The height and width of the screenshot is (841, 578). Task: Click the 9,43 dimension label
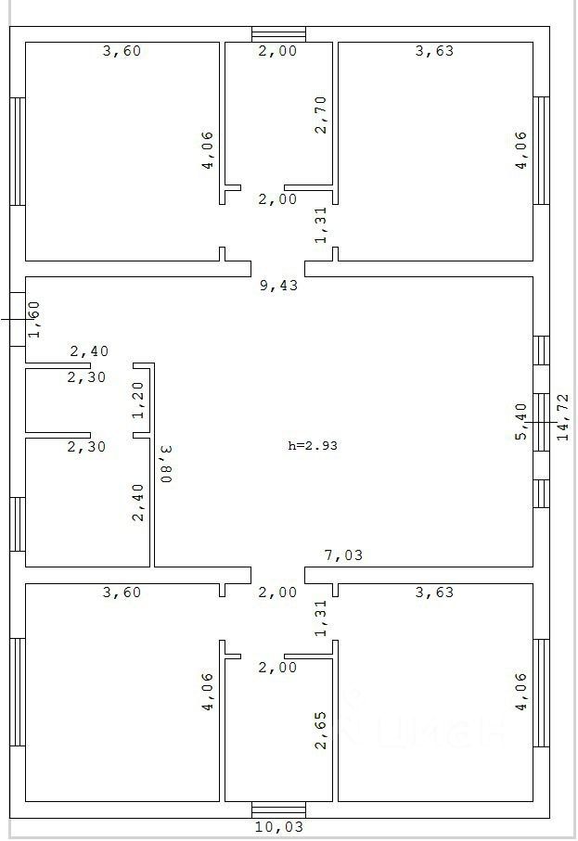click(278, 286)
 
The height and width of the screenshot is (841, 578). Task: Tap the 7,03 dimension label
click(343, 555)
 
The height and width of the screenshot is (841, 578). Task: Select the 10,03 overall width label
click(278, 826)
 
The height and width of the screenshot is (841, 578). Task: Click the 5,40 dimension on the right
click(521, 421)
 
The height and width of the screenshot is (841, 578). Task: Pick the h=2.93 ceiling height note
click(312, 445)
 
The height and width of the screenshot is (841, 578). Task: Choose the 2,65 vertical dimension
click(321, 731)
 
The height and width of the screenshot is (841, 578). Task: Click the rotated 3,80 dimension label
click(166, 464)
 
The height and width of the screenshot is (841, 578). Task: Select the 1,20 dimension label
click(138, 400)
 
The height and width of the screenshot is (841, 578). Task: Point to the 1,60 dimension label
click(34, 318)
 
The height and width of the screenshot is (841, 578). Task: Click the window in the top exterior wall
click(278, 34)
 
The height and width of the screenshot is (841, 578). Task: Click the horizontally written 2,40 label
click(89, 351)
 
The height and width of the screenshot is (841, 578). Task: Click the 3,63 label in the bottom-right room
click(434, 592)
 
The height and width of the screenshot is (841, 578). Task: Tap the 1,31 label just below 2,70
click(321, 225)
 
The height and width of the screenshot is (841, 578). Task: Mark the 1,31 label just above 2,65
click(321, 619)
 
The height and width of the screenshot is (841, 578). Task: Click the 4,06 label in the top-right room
click(521, 149)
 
